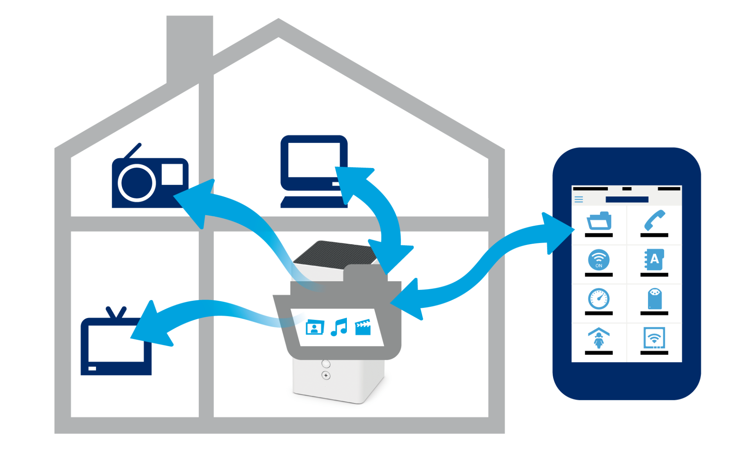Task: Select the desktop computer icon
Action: [x=314, y=171]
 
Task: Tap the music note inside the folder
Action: [x=339, y=327]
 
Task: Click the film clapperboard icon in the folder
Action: [x=363, y=327]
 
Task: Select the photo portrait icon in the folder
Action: [x=315, y=327]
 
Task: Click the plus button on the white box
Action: [x=326, y=375]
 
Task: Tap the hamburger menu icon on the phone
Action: [x=579, y=200]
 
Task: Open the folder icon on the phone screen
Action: [x=599, y=221]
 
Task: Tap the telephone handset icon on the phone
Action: [x=654, y=220]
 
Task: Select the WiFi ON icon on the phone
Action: [x=599, y=260]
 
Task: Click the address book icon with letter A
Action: [x=654, y=260]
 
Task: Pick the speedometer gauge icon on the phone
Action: [x=599, y=299]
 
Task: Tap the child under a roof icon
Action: [x=599, y=338]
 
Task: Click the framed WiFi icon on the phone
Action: [x=654, y=338]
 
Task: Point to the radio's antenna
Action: [x=133, y=151]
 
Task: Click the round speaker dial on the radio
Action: [x=137, y=183]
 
